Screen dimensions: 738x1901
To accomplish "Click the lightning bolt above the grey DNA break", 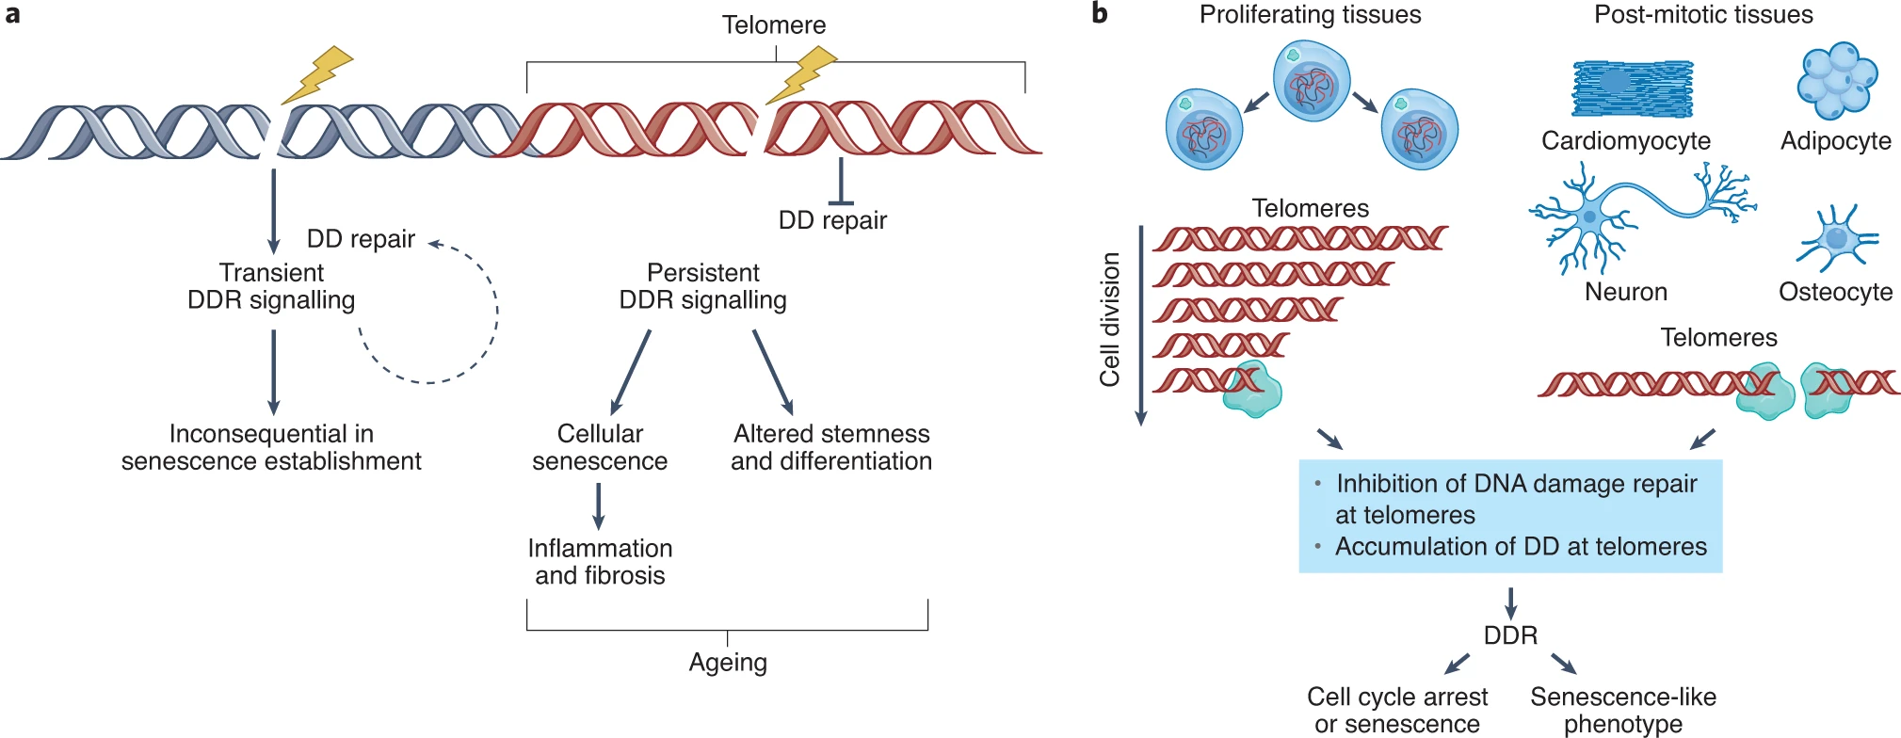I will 317,74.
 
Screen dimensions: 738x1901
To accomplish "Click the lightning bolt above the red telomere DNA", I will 801,75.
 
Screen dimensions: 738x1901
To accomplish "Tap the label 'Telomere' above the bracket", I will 774,25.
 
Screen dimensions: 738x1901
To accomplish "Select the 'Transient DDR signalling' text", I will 271,286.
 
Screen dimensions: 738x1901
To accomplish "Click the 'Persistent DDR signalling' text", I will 702,286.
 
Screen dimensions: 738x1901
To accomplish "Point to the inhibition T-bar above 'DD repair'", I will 840,184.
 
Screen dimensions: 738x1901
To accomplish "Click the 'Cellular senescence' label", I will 600,447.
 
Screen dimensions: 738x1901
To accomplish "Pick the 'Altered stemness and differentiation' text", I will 831,447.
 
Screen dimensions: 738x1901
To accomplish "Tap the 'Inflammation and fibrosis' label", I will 600,562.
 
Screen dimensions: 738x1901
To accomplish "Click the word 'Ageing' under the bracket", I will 728,663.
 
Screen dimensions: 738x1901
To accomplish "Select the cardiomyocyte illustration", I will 1632,88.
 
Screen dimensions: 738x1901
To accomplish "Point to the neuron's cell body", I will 1590,217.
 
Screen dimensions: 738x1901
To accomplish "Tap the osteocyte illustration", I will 1837,236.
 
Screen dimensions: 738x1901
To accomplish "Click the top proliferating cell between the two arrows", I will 1312,82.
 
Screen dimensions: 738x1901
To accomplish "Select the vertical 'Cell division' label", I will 1110,320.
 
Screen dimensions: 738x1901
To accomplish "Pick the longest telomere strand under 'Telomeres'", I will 1299,239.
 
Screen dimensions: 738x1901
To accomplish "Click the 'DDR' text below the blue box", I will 1510,635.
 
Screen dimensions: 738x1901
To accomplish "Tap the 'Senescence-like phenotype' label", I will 1623,710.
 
